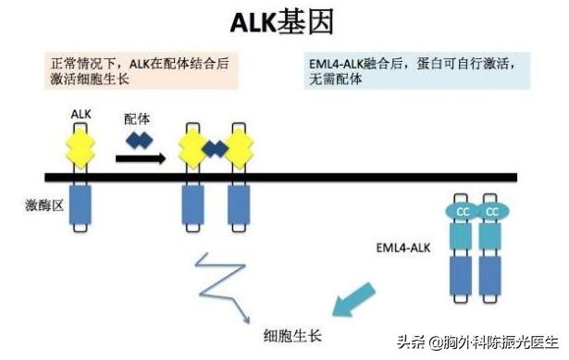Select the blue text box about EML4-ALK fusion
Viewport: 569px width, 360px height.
(422, 70)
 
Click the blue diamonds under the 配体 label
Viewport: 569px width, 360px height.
(139, 140)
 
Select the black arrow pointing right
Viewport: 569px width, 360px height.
(140, 158)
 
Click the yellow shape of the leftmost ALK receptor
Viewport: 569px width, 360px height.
(81, 146)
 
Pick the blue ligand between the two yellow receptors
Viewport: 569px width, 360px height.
(216, 148)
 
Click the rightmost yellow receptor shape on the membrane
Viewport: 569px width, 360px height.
(240, 146)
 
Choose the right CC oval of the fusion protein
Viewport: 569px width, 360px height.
(492, 212)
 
